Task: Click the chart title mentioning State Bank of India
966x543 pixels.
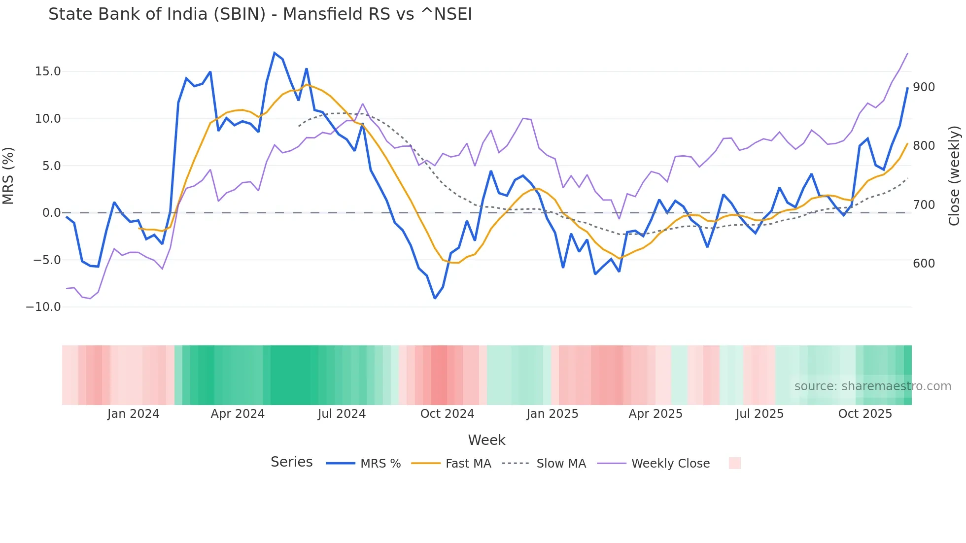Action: pyautogui.click(x=260, y=14)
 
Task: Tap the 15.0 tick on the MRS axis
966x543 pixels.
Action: pyautogui.click(x=48, y=71)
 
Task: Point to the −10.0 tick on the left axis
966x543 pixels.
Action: pyautogui.click(x=43, y=307)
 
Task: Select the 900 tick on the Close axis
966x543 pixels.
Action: pyautogui.click(x=924, y=87)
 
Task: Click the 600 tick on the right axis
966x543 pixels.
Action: pyautogui.click(x=924, y=264)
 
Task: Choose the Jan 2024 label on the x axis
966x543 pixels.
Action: pyautogui.click(x=133, y=414)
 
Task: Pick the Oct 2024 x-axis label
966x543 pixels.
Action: pyautogui.click(x=447, y=414)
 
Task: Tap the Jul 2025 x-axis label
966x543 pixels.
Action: pyautogui.click(x=759, y=414)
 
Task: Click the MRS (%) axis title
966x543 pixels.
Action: pyautogui.click(x=8, y=176)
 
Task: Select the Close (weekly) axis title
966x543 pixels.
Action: pyautogui.click(x=955, y=176)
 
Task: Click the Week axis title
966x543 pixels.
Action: pyautogui.click(x=486, y=440)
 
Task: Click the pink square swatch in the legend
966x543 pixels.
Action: pyautogui.click(x=734, y=463)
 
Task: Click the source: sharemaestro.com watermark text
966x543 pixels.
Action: pyautogui.click(x=872, y=386)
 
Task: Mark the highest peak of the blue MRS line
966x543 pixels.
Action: pyautogui.click(x=275, y=53)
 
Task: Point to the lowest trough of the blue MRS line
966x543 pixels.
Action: pyautogui.click(x=435, y=298)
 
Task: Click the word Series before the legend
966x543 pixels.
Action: pyautogui.click(x=291, y=462)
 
